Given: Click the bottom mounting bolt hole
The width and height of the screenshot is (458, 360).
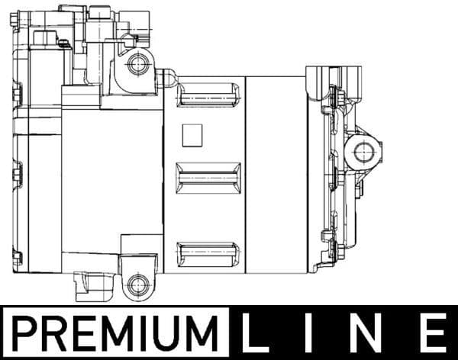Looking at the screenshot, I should click(x=138, y=286).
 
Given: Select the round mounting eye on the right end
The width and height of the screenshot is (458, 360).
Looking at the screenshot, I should click(x=363, y=152).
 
